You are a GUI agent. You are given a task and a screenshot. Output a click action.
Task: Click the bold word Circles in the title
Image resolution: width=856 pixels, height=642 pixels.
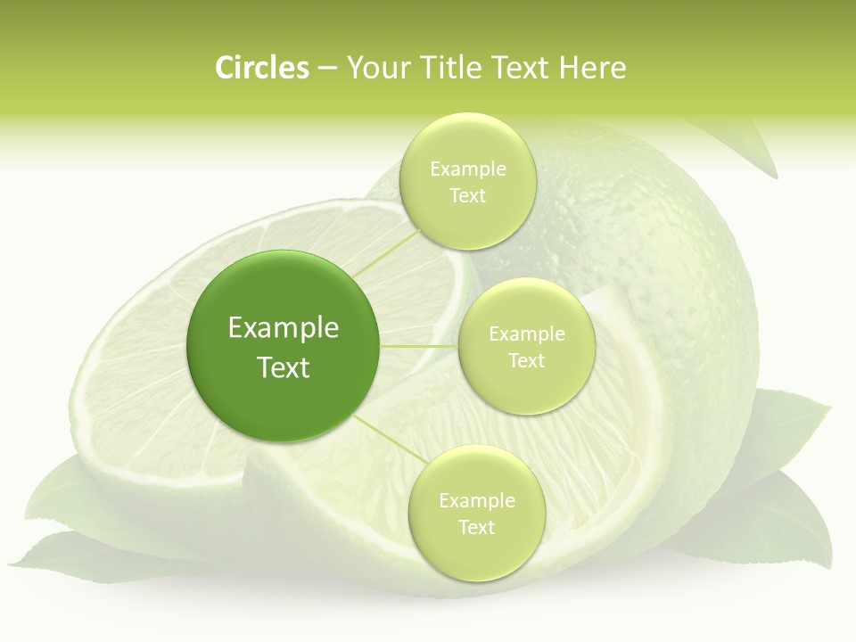(x=262, y=68)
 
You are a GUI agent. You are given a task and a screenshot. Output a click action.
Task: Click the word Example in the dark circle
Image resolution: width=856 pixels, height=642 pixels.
(x=284, y=328)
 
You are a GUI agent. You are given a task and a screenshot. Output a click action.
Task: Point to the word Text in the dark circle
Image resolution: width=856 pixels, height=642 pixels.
(x=284, y=367)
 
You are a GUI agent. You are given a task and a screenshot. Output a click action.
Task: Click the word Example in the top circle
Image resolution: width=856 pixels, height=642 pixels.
(x=467, y=169)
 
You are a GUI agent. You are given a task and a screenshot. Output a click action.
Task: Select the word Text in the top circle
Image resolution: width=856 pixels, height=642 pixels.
(x=467, y=196)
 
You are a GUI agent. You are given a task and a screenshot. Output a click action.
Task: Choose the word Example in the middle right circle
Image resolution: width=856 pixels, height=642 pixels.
(x=526, y=334)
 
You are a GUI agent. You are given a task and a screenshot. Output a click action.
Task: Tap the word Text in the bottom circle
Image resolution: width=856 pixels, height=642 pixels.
(x=476, y=527)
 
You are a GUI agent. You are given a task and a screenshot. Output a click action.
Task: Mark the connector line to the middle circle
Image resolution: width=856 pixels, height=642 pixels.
(x=419, y=346)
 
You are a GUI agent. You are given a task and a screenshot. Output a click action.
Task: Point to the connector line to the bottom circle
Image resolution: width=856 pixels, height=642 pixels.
(x=387, y=439)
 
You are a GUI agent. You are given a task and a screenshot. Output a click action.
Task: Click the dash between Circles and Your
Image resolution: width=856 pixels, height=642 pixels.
(x=327, y=69)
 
